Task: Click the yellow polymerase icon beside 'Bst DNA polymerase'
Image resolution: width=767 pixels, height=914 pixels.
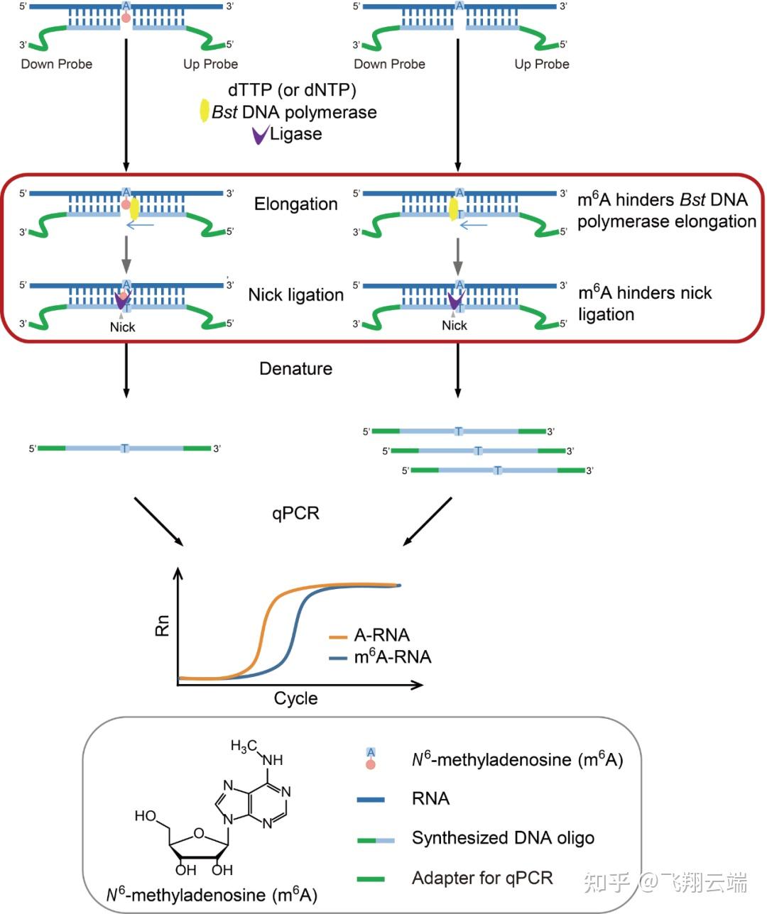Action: (204, 111)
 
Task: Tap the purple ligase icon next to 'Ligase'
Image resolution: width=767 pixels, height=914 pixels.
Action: (260, 135)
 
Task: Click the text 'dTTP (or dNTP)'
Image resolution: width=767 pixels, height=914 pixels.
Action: (292, 89)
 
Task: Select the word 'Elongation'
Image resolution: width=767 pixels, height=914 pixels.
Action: (295, 204)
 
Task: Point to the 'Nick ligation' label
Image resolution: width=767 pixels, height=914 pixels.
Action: (295, 294)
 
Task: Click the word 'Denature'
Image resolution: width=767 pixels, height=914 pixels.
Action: (295, 368)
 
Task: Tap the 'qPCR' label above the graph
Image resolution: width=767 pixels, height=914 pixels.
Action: (295, 513)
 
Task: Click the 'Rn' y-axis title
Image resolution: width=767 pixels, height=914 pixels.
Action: (163, 624)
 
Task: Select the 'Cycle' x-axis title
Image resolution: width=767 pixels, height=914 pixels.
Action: (295, 698)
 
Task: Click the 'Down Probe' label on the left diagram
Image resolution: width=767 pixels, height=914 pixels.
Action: (57, 65)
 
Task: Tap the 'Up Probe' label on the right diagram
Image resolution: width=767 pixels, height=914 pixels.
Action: (542, 65)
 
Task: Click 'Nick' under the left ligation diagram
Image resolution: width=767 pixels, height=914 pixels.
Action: (122, 327)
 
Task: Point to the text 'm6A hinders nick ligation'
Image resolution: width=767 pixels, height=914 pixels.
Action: (644, 303)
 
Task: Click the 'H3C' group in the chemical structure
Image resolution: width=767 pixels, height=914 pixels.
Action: (243, 747)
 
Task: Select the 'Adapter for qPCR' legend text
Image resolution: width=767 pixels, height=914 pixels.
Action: (482, 878)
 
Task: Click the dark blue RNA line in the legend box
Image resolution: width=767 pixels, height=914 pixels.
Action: (370, 800)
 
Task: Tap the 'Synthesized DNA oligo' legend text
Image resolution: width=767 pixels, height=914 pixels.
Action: (503, 838)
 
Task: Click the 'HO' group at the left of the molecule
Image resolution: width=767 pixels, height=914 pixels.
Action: (146, 816)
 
